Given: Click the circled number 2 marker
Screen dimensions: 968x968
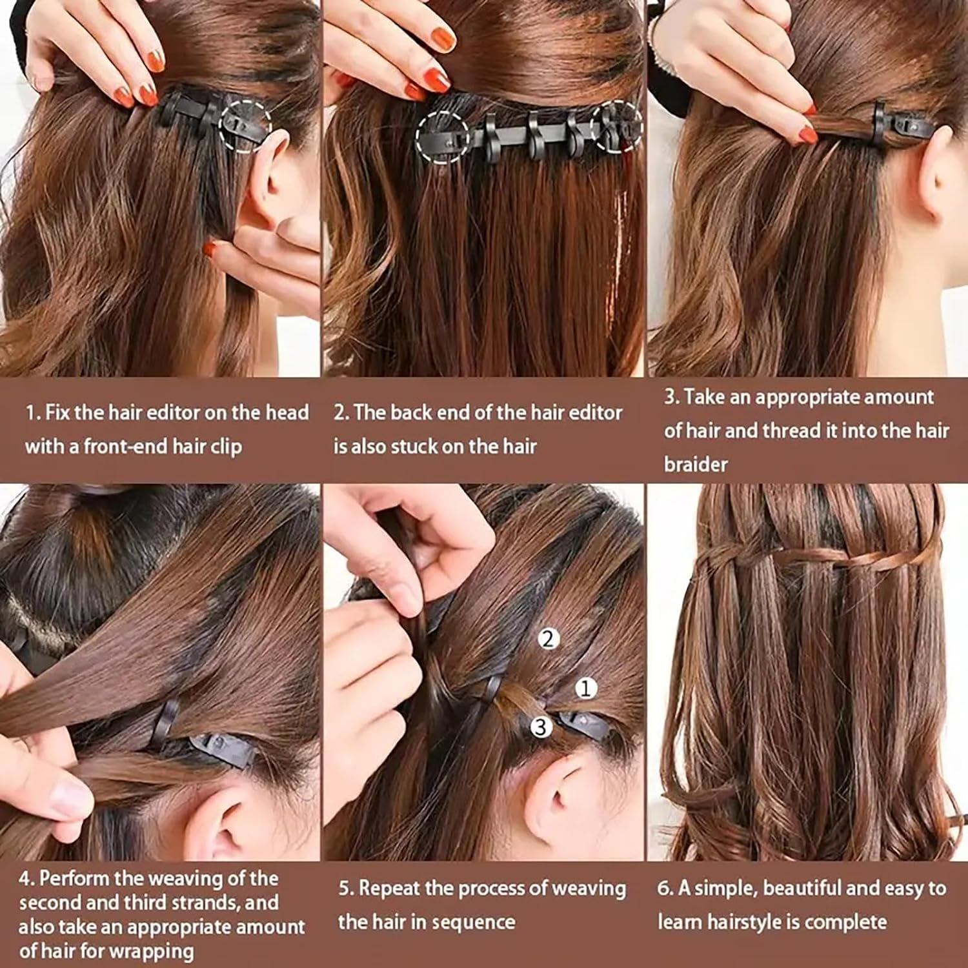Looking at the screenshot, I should (548, 639).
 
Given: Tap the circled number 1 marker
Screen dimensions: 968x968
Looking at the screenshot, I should (585, 689).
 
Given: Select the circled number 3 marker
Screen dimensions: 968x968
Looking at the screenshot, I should (541, 727).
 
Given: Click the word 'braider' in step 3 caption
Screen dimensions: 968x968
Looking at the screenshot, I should (696, 464).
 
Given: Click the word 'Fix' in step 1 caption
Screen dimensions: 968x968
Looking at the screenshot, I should (57, 412).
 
